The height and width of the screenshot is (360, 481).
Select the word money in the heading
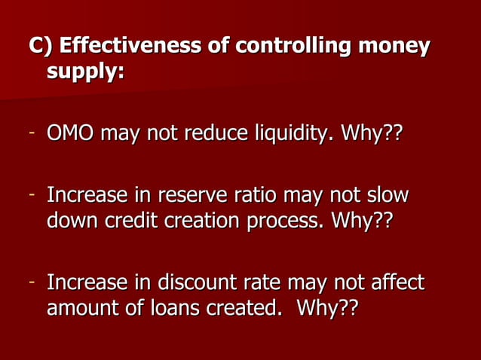(394, 47)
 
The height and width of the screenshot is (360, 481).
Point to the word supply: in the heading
(85, 75)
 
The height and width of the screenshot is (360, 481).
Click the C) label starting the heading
(41, 47)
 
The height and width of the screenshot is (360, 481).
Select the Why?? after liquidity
(372, 136)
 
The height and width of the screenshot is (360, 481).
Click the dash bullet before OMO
(33, 136)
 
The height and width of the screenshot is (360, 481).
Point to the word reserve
(185, 196)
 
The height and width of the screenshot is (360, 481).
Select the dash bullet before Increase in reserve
(33, 196)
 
